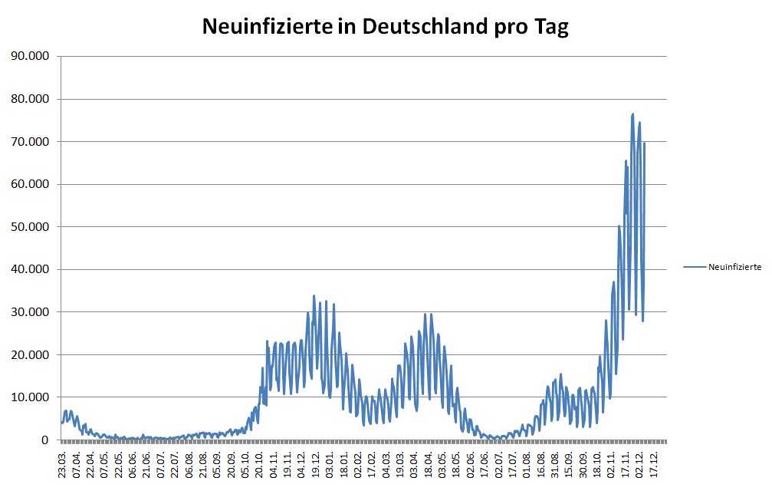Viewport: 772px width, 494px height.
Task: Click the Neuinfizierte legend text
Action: (x=734, y=266)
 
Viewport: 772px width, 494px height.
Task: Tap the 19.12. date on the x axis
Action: (x=316, y=465)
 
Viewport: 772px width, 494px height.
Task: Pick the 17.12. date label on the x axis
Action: (x=653, y=465)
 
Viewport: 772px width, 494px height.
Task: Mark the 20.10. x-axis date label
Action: (x=260, y=465)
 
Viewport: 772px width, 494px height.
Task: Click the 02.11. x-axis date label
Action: (x=611, y=465)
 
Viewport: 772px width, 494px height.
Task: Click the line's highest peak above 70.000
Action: (x=633, y=114)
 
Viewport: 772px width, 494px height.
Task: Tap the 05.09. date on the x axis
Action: (x=218, y=465)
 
